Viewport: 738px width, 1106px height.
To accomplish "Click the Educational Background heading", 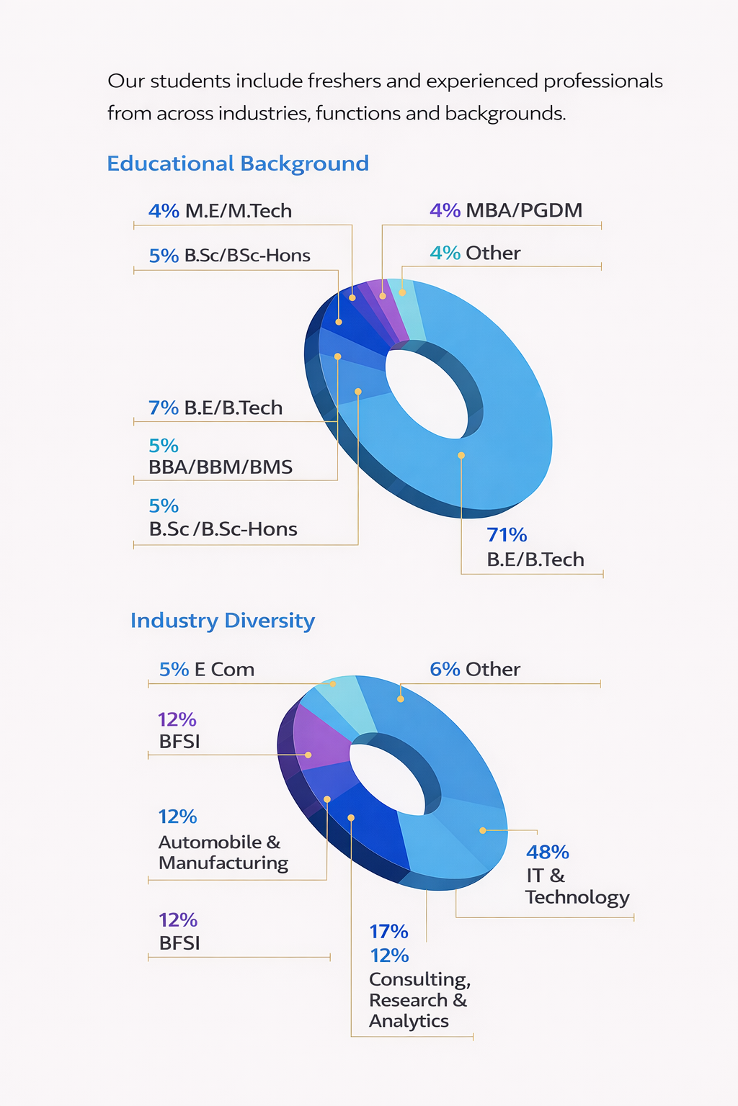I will coord(238,163).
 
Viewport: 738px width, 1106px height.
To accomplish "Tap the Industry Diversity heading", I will coord(223,621).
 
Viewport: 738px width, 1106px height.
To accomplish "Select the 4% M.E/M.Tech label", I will coord(220,211).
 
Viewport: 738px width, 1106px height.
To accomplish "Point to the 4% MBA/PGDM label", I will coord(506,210).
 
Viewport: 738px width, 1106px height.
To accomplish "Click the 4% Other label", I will coord(475,253).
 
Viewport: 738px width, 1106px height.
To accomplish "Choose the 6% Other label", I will coord(475,670).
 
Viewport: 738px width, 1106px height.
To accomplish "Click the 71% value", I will coord(507,535).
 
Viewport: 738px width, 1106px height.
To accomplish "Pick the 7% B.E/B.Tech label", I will coord(215,408).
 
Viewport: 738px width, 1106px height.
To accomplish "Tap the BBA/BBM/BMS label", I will coord(221,467).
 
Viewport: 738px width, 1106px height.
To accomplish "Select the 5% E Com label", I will coord(207,670).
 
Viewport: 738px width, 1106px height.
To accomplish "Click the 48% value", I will coord(548,853).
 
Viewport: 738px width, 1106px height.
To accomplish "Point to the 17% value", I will coord(388,932).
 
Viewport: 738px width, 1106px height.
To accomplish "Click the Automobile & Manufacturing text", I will coord(223,853).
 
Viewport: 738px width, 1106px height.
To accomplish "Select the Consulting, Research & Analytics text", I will coord(419,1000).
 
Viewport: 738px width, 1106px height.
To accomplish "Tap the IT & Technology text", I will coord(577,886).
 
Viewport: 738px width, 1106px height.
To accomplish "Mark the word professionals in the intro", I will coord(603,81).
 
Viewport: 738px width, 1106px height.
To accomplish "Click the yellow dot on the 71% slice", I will coord(461,455).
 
